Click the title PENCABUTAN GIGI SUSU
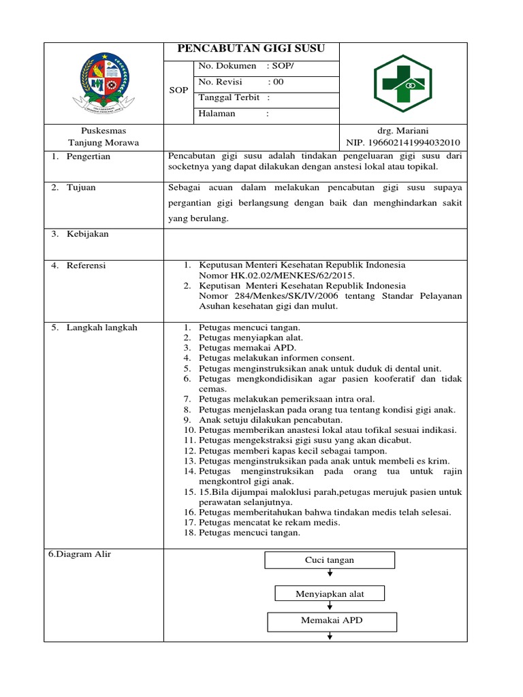251,48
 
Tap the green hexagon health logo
402,84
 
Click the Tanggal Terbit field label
229,97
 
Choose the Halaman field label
217,114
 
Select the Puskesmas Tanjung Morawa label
104,136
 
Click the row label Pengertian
88,157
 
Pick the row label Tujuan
81,188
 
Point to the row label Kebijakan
87,234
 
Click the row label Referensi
86,265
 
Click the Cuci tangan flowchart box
330,560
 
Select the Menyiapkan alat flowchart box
330,594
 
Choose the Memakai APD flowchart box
330,621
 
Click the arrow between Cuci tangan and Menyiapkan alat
330,573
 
